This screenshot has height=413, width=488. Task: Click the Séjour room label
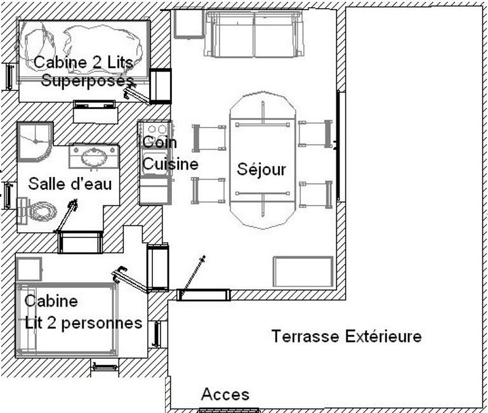click(261, 169)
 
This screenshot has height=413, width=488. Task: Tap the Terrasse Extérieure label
click(346, 336)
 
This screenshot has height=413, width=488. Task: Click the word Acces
click(225, 395)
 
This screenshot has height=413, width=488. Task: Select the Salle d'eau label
click(70, 183)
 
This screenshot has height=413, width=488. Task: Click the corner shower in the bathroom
click(35, 142)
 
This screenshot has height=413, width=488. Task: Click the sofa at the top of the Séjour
click(254, 34)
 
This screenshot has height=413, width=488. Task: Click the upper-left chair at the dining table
click(209, 138)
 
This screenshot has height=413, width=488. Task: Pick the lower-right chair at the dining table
click(315, 195)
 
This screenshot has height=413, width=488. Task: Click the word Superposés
click(87, 81)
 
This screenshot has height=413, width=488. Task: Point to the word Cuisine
click(171, 164)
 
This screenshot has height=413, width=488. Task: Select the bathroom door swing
click(66, 216)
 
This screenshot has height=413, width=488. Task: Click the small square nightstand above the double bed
click(29, 269)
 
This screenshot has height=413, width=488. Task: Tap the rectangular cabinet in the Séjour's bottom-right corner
click(303, 272)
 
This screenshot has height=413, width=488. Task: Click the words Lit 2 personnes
click(83, 324)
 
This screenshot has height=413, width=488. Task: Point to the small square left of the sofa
click(188, 24)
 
